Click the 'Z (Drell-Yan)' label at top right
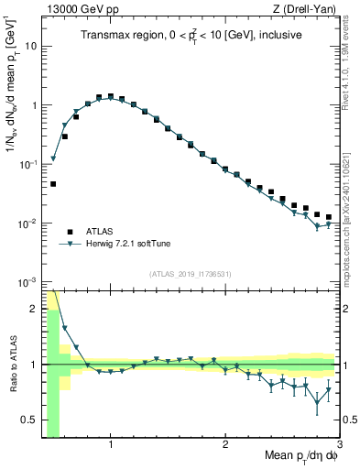pos(308,10)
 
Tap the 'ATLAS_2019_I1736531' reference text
pos(191,273)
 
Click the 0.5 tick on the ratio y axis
pos(30,421)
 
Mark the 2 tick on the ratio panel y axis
pos(35,309)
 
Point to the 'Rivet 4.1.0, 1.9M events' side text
pos(351,65)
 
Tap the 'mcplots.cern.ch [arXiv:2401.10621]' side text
pos(351,211)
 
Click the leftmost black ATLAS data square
pos(53,184)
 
